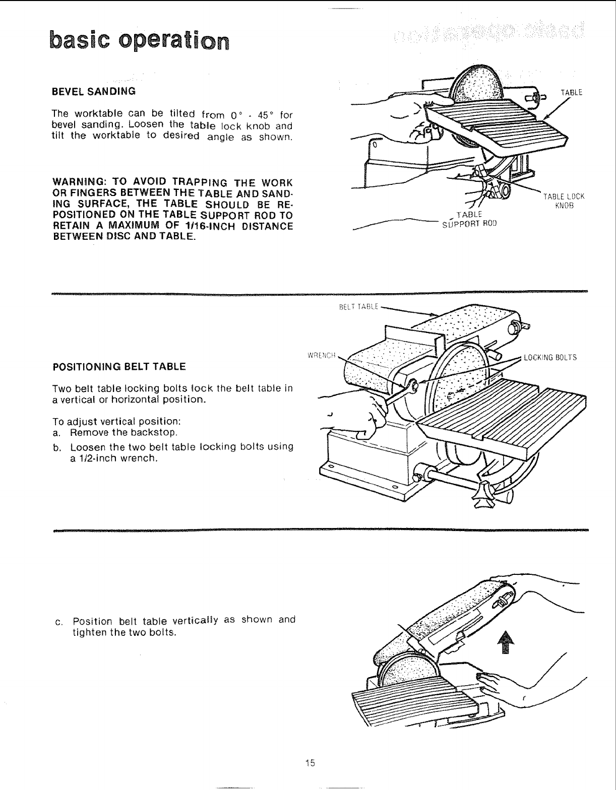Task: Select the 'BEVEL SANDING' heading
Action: [x=94, y=92]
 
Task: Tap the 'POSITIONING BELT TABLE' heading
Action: [x=119, y=366]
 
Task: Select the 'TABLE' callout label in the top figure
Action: [x=571, y=92]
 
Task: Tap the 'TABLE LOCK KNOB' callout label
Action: [x=563, y=201]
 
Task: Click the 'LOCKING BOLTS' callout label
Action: [x=549, y=358]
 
